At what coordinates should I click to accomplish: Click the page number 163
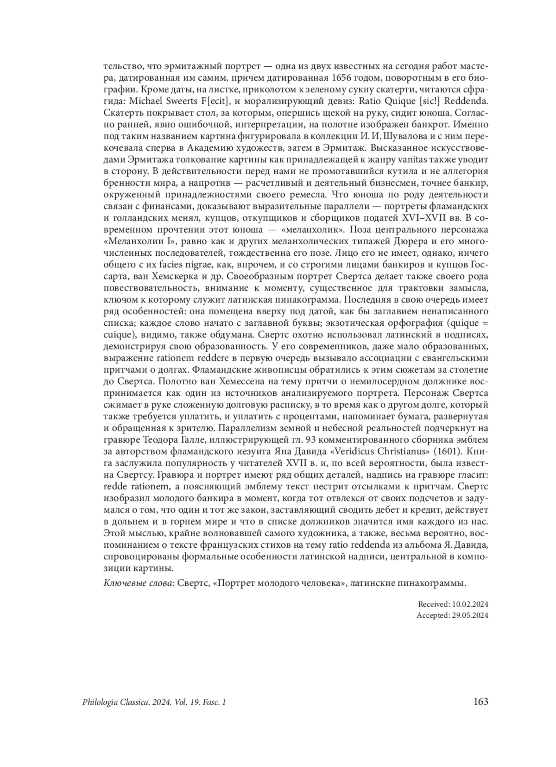(x=480, y=702)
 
